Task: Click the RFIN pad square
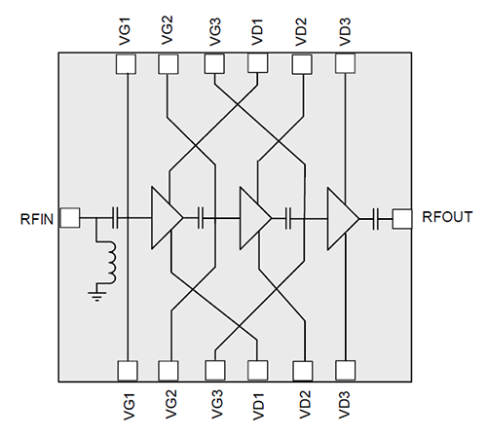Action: (69, 218)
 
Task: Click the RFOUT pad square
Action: (400, 218)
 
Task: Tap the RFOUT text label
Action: (443, 218)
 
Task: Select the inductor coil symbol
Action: (109, 261)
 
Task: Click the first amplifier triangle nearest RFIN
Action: (165, 218)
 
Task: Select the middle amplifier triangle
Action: (253, 218)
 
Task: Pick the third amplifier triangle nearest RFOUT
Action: (342, 218)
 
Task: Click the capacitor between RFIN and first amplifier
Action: (116, 218)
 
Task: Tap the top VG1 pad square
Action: (126, 62)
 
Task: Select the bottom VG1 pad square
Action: (126, 371)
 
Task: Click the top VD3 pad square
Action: (345, 62)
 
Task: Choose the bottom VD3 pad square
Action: (345, 371)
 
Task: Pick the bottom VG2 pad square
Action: (169, 371)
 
